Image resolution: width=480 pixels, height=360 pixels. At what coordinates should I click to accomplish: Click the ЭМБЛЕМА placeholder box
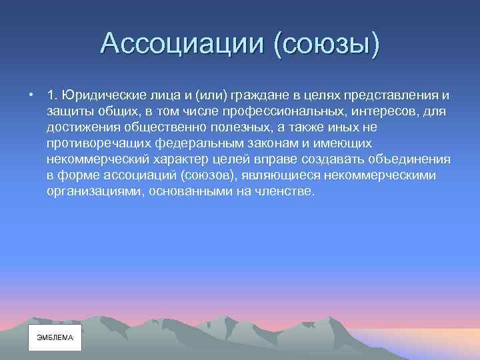coord(55,338)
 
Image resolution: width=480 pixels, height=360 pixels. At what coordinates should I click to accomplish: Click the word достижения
coord(83,126)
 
